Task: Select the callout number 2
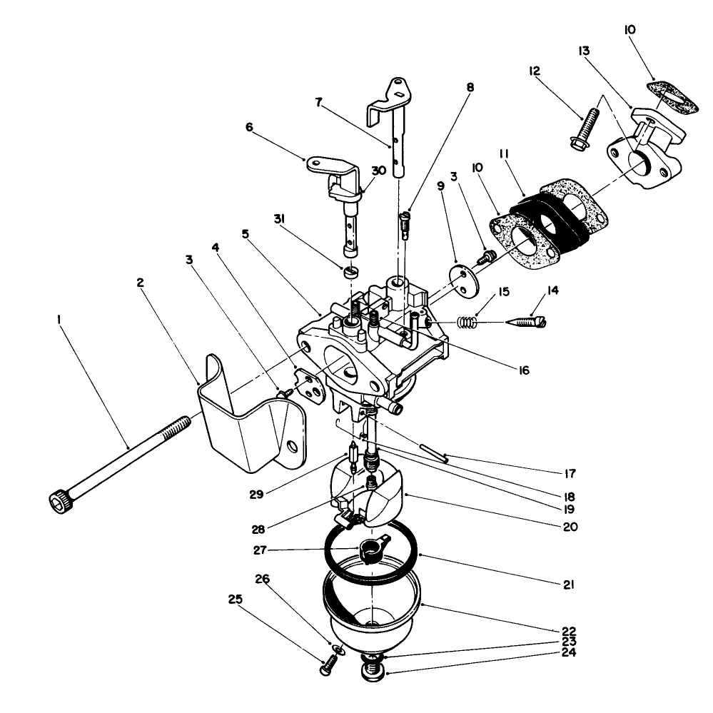click(141, 283)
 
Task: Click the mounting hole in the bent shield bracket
click(291, 447)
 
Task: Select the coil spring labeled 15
click(466, 323)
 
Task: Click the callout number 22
click(569, 632)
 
